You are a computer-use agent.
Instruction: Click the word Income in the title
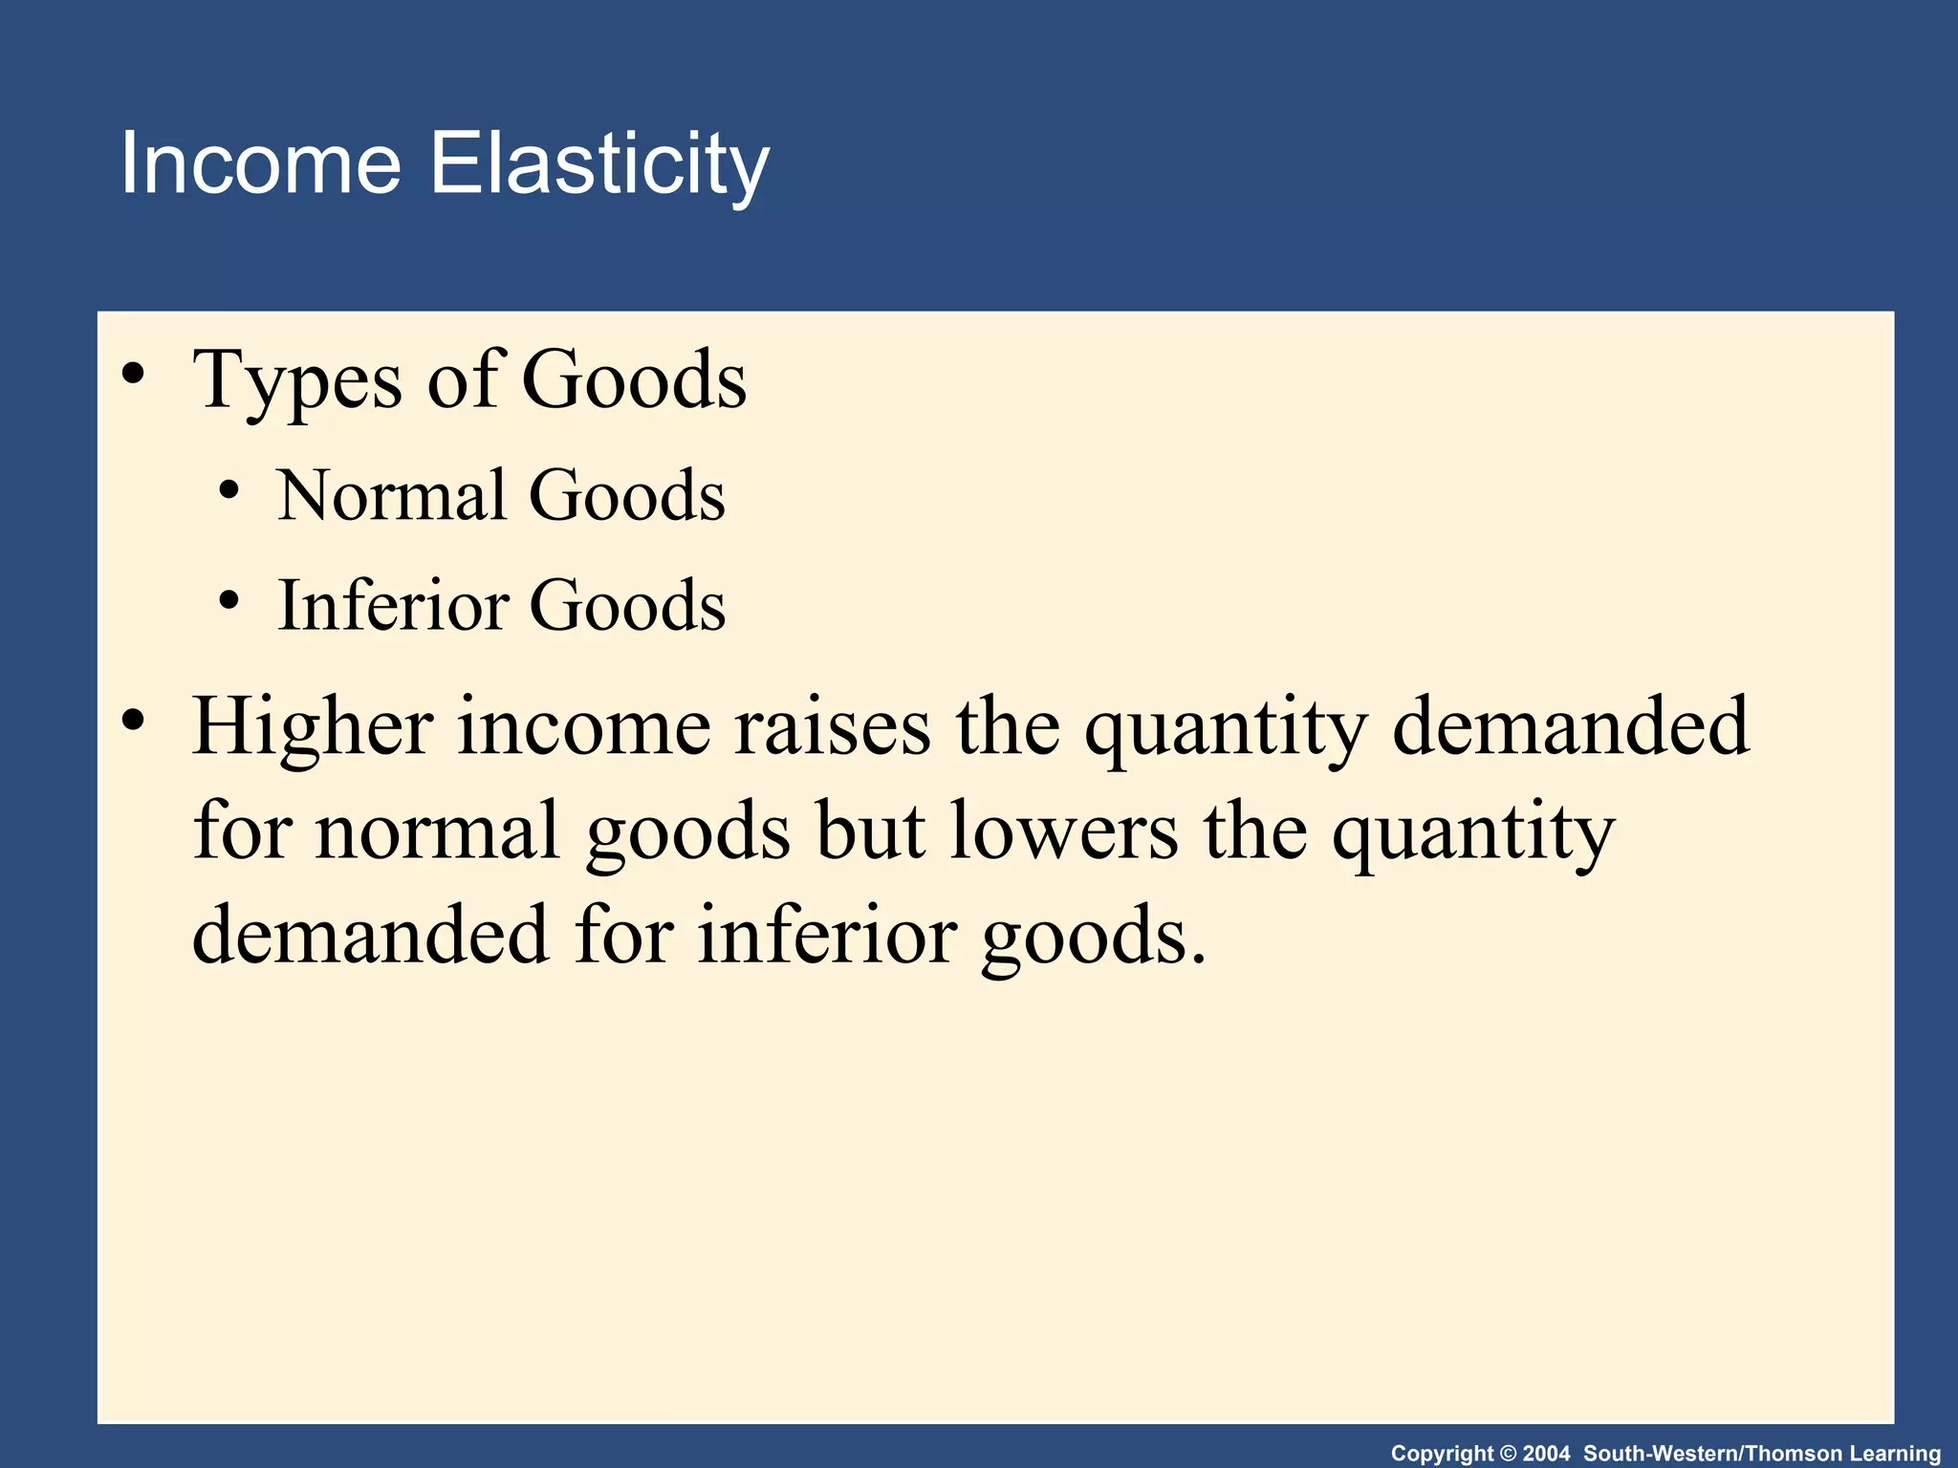point(260,163)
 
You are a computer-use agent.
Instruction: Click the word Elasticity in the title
point(598,165)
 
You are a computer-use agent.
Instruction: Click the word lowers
point(1064,831)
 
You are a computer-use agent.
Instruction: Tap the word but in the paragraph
point(870,831)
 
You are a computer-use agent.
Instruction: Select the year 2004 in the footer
point(1546,1454)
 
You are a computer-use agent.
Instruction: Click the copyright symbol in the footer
point(1509,1454)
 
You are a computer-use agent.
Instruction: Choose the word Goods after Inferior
point(627,605)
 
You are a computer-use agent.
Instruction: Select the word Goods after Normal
point(627,495)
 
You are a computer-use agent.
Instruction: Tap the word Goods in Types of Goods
point(634,380)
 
